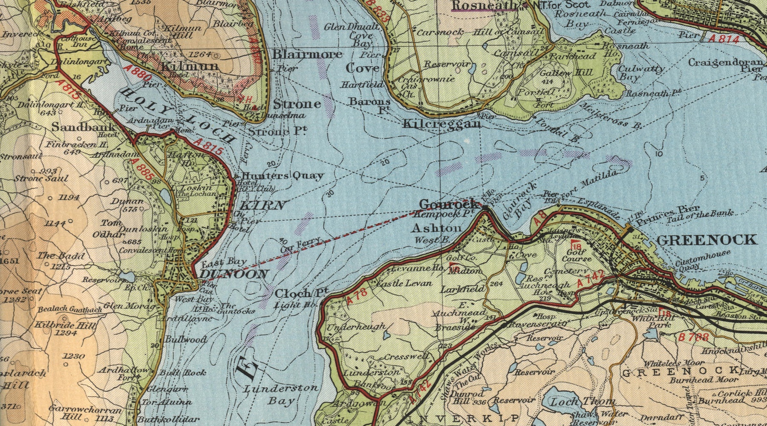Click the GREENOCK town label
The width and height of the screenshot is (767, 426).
point(707,240)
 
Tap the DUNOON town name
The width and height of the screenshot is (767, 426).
point(234,274)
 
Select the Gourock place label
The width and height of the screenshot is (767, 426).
point(447,204)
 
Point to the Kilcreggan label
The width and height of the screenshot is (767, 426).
point(442,124)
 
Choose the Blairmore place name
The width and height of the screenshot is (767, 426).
point(307,55)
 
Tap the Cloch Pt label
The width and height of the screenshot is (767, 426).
point(301,294)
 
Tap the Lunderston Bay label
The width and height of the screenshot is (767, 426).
point(281,394)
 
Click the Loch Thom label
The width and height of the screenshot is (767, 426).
point(582,402)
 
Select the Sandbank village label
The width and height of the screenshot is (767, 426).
point(84,127)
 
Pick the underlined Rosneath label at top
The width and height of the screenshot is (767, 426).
point(484,6)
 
